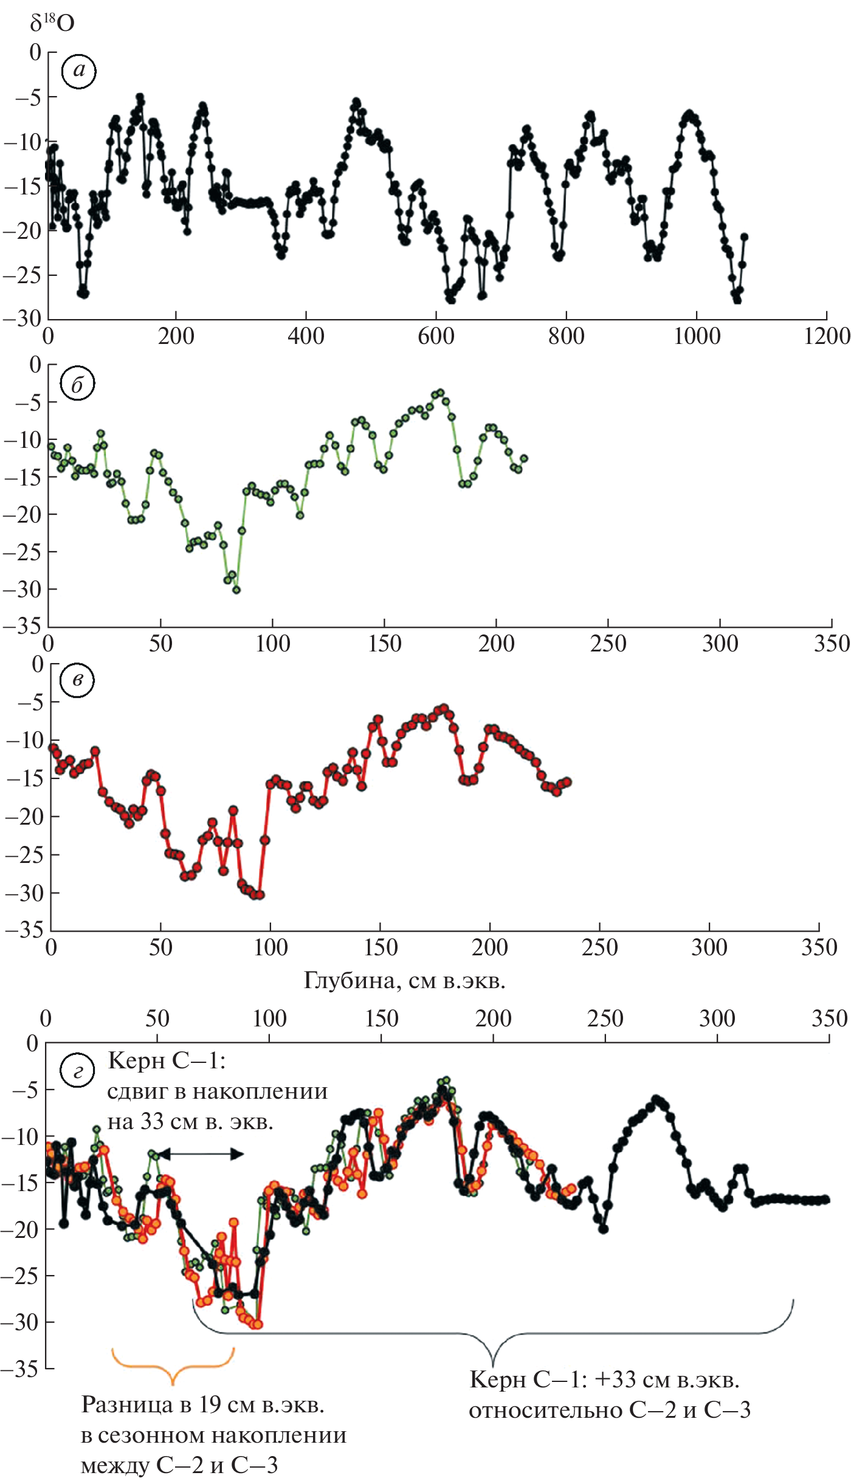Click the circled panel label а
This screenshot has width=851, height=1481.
point(79,71)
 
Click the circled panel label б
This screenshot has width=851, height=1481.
point(77,385)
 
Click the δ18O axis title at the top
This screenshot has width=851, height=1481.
point(52,23)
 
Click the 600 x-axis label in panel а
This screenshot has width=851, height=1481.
point(436,336)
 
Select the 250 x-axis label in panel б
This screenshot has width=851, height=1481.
point(608,644)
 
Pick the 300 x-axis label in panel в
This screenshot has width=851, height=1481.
point(709,947)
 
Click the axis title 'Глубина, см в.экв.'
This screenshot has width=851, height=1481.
point(404,980)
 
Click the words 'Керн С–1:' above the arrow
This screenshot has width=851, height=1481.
point(167,1061)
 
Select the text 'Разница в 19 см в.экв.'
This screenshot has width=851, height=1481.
point(203,1404)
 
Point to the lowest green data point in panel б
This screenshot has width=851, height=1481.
point(236,589)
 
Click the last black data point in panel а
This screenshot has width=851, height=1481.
point(744,237)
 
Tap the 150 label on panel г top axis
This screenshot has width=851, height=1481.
point(381,1019)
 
